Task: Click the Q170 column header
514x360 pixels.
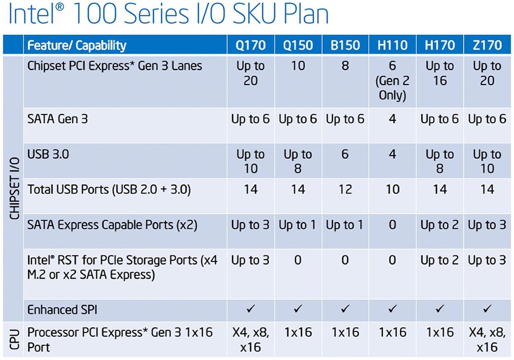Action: tap(250, 45)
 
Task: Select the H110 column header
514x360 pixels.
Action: tap(393, 45)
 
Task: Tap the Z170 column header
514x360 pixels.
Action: tap(487, 45)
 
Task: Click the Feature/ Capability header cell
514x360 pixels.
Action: tap(76, 45)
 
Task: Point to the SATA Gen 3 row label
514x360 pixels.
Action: tap(57, 119)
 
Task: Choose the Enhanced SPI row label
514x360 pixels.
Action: tap(60, 310)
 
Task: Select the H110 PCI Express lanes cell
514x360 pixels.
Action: tap(393, 81)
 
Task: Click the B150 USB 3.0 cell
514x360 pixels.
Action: tap(345, 155)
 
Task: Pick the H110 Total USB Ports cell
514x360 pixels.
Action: tap(393, 189)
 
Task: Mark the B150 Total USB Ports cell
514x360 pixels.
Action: tap(345, 189)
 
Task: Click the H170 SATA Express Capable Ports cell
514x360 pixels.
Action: tap(440, 224)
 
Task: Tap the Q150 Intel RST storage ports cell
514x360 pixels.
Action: tap(298, 260)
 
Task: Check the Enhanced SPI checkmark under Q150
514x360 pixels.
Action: tap(298, 310)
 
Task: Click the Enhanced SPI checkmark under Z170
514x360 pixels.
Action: tap(487, 310)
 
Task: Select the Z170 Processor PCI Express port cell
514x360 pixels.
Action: tap(487, 339)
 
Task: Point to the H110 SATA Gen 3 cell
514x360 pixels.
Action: tap(393, 119)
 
